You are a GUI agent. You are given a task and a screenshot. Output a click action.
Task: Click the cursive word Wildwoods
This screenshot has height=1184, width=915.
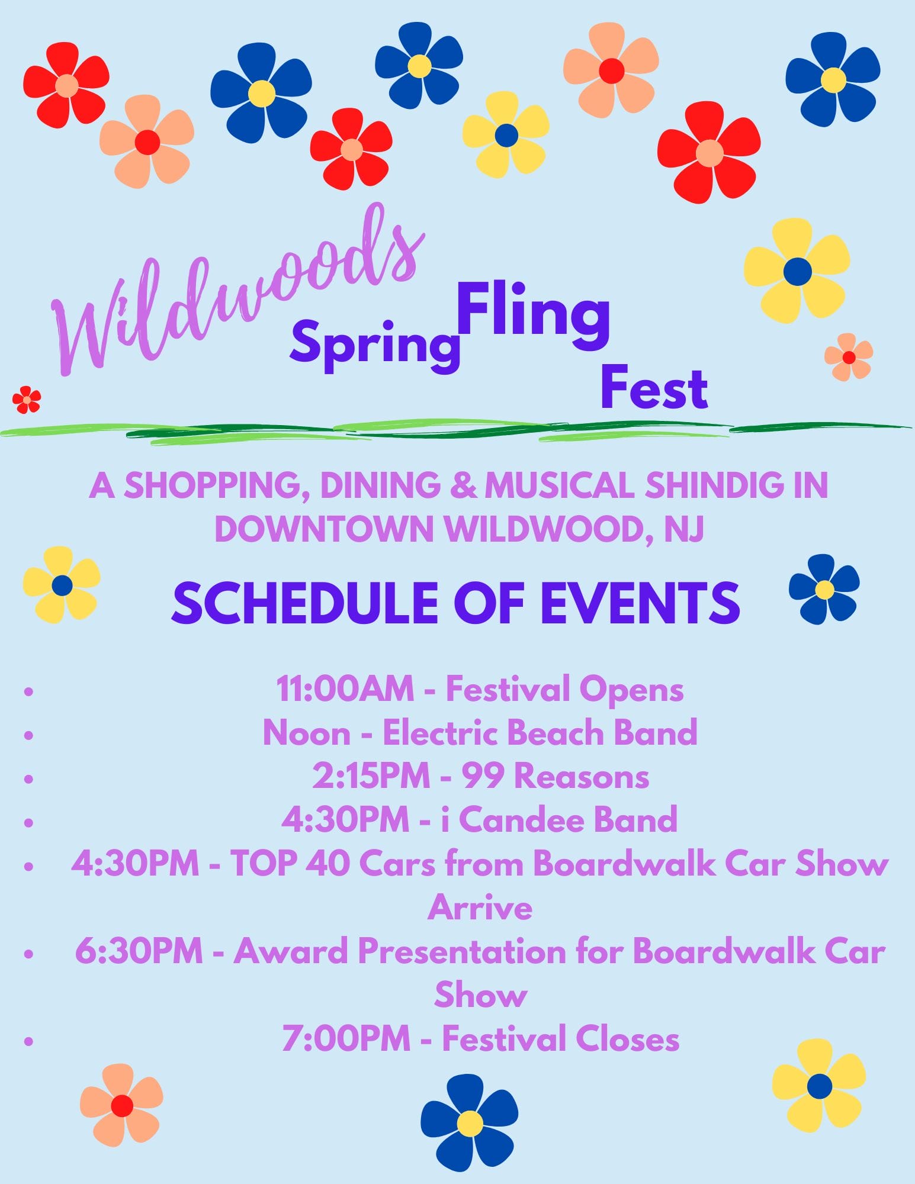pos(237,296)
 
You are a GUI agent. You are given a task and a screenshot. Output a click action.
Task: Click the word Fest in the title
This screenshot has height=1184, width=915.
pos(654,388)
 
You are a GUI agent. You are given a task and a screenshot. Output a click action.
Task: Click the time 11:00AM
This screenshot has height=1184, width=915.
pos(345,689)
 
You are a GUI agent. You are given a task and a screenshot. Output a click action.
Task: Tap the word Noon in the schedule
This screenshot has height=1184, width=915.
pos(306,733)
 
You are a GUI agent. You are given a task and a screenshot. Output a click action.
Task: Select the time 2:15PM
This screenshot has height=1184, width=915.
pos(371,776)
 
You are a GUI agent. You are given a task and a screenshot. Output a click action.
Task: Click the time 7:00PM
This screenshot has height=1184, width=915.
pos(346,1038)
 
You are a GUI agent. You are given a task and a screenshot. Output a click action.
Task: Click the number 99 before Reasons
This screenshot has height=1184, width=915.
pos(481,776)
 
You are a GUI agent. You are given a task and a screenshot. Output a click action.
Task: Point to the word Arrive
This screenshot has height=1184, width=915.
pos(480,908)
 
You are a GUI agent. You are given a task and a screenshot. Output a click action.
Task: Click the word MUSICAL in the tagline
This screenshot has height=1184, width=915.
pos(560,485)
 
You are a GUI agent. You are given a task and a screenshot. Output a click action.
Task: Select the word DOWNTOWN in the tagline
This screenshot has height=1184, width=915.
pos(325,528)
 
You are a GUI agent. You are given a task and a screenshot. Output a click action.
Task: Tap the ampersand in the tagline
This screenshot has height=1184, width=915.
pos(463,485)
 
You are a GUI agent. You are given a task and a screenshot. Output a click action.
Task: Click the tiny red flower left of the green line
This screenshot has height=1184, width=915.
pos(27,400)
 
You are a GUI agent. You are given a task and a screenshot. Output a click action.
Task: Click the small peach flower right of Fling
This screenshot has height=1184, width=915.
pos(849,357)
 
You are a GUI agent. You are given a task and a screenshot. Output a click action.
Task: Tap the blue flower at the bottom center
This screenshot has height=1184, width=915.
pos(470,1122)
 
